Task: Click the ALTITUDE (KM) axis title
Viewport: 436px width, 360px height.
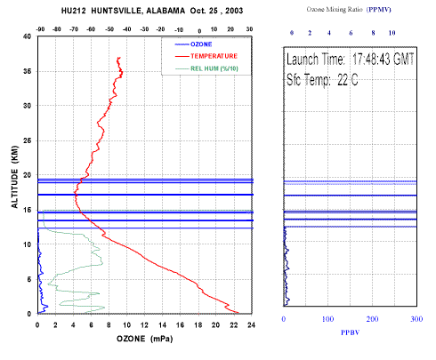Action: (14, 177)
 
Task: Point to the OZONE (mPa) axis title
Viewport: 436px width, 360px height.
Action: (145, 339)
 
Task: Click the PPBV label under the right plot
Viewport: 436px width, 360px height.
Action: (350, 332)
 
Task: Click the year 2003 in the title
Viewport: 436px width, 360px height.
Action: (234, 11)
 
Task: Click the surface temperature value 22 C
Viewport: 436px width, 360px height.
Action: (348, 80)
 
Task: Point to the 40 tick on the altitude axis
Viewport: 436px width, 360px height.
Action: (27, 36)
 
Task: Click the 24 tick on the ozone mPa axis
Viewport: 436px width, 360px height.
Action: (251, 325)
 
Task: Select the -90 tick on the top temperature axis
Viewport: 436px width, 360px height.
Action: (40, 29)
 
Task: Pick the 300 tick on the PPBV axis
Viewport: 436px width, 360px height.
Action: (416, 319)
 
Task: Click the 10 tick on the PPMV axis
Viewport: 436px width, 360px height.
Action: (392, 33)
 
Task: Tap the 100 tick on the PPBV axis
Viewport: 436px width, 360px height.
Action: (327, 319)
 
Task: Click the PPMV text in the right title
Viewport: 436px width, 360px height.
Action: (379, 10)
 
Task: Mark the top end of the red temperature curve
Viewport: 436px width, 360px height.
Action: (119, 57)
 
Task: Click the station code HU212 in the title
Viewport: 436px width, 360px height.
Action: (73, 11)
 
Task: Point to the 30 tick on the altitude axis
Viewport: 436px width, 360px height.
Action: (27, 106)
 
